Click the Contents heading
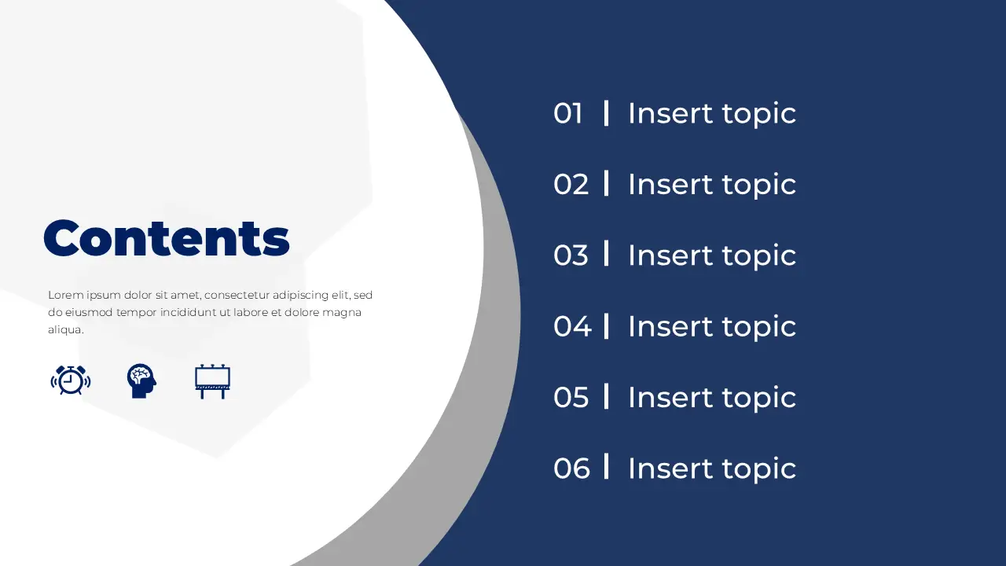[x=167, y=237]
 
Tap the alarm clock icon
[x=71, y=380]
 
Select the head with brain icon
[x=141, y=381]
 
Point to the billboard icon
[x=212, y=381]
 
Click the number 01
[x=568, y=113]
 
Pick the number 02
[x=571, y=184]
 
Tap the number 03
[x=571, y=255]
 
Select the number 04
[x=572, y=326]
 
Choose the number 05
[x=571, y=397]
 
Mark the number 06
[x=571, y=468]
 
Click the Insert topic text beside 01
[x=712, y=114]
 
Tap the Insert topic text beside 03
[x=712, y=255]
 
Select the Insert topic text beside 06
[x=712, y=469]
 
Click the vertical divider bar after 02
[x=606, y=183]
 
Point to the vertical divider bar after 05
[x=606, y=396]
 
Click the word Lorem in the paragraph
[x=66, y=295]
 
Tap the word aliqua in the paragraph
[x=64, y=329]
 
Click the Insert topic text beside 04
[x=712, y=326]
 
